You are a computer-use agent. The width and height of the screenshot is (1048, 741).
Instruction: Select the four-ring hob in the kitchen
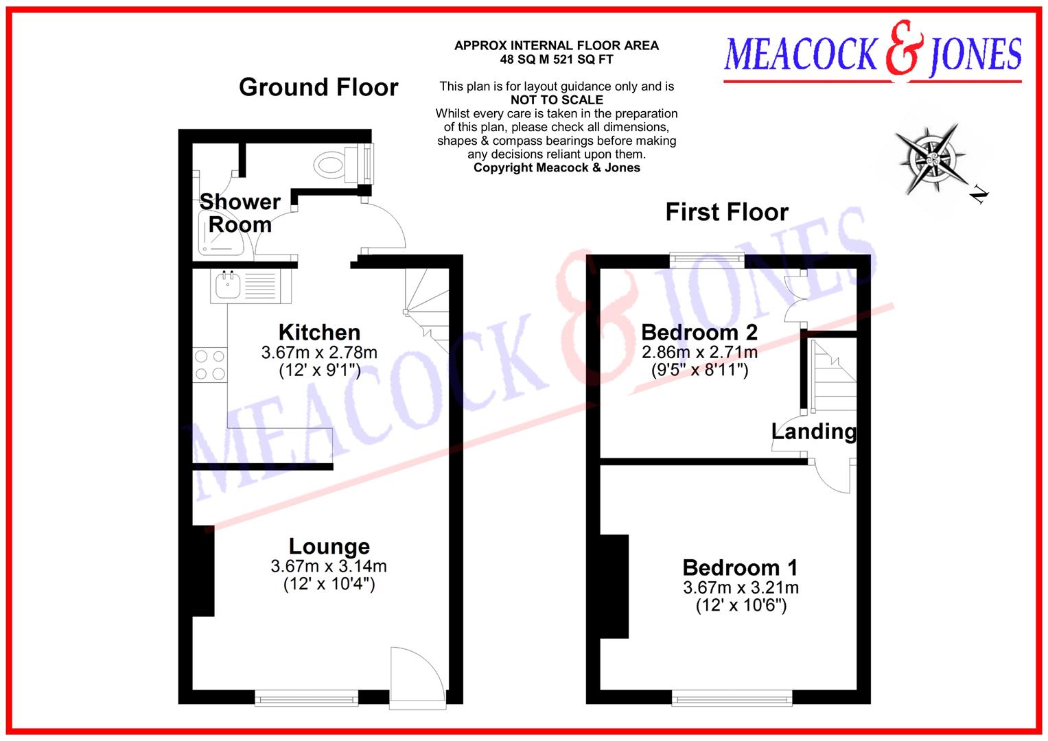tap(209, 365)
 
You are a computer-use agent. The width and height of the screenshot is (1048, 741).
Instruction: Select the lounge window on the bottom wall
tap(307, 698)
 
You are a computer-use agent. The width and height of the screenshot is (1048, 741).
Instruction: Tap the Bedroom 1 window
tap(732, 698)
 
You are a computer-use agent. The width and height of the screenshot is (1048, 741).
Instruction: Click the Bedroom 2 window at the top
tap(707, 259)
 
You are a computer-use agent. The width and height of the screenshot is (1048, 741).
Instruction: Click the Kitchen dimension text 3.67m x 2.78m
tap(319, 353)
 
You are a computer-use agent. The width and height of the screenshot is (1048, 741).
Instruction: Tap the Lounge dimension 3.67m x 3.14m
tap(329, 567)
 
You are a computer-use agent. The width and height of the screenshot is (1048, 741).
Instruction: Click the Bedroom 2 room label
tap(699, 333)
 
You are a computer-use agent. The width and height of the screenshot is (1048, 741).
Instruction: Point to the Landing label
tap(814, 432)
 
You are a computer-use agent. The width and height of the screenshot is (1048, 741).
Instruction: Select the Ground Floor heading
tap(318, 88)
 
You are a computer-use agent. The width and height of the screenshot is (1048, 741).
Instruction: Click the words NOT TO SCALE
tap(557, 100)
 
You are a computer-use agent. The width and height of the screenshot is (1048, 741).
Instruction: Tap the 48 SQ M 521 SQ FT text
tap(557, 60)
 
